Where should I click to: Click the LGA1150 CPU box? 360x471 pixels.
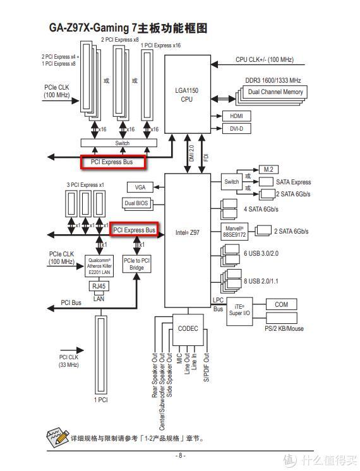(x=186, y=94)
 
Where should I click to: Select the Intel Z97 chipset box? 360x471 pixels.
(x=186, y=232)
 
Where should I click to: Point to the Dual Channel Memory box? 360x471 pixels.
(x=275, y=92)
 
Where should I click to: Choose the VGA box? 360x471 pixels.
(x=140, y=187)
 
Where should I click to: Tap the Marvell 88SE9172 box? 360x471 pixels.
(x=234, y=232)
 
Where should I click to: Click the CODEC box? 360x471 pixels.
(x=188, y=328)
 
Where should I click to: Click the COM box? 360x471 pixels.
(x=281, y=305)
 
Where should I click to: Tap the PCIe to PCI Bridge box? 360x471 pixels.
(x=137, y=264)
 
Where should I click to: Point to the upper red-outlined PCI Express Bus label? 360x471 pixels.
(x=112, y=162)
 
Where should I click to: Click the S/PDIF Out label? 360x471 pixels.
(x=206, y=367)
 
